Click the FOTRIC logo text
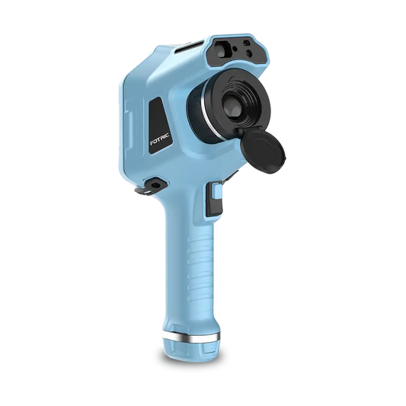coord(159,139)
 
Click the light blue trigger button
coord(217,190)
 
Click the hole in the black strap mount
coord(155,185)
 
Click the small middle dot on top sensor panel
coord(235,49)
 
